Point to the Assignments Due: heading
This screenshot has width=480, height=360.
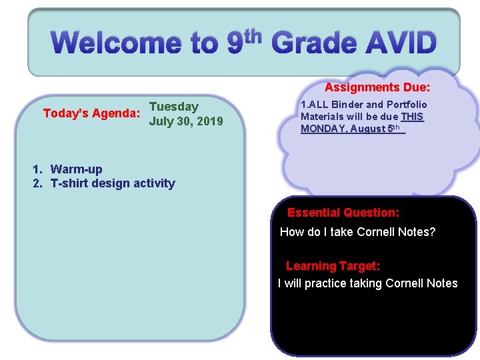377,87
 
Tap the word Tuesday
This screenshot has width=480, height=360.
174,107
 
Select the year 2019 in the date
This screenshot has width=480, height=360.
207,122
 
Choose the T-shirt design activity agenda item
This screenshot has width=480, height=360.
113,183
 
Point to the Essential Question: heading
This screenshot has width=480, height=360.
343,213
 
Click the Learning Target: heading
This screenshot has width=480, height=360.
333,266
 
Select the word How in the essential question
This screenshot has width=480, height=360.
291,232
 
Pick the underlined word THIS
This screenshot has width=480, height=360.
413,117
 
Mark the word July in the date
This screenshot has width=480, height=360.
161,122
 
